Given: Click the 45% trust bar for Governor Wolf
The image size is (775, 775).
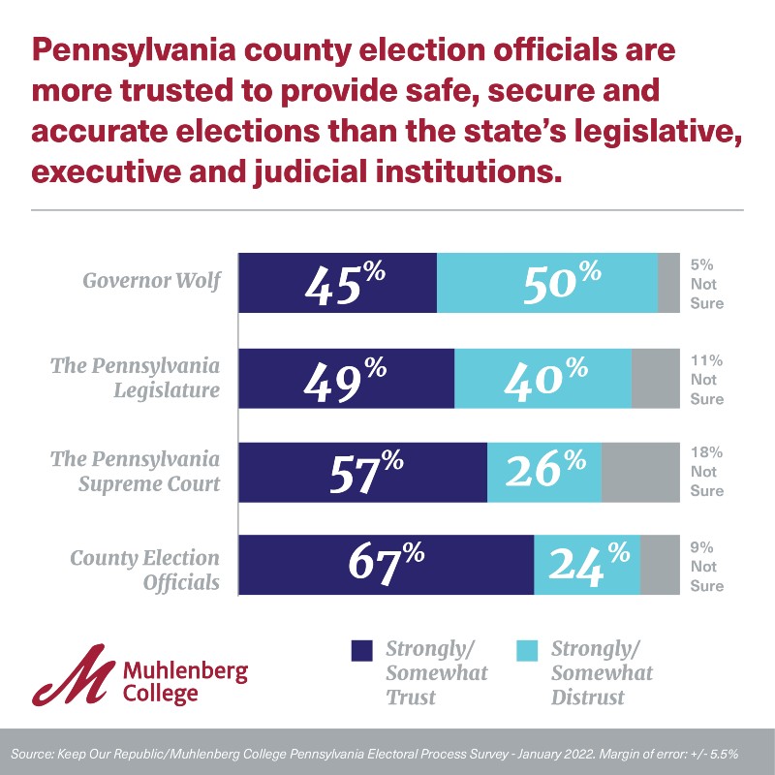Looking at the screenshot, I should (337, 283).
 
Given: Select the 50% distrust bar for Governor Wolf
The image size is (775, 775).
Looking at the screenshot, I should (547, 283).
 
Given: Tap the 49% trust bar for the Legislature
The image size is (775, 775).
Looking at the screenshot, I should (346, 378).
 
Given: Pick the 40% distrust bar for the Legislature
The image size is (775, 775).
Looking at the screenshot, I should (542, 378).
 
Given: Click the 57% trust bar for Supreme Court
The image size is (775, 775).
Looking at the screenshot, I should (362, 472).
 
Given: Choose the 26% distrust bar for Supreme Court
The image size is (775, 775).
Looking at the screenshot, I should (543, 472).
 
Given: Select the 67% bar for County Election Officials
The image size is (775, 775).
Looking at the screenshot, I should (386, 565).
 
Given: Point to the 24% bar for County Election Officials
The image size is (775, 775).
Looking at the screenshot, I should (587, 565).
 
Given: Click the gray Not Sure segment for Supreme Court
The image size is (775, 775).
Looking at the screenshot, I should (640, 472).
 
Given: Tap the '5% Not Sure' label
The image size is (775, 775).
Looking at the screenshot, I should (706, 283).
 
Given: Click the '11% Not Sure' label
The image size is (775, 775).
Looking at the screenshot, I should (706, 378).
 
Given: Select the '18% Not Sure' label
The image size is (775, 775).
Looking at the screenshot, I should (706, 472).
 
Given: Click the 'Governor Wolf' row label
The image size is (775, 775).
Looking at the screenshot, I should (151, 282).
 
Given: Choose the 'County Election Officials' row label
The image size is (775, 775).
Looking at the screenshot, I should (144, 571).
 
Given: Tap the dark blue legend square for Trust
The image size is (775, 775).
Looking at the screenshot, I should (362, 650).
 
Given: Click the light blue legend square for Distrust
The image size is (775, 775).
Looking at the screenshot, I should (527, 650).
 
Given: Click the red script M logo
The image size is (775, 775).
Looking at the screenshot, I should (73, 674).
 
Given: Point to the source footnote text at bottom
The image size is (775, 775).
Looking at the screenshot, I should (387, 753).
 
